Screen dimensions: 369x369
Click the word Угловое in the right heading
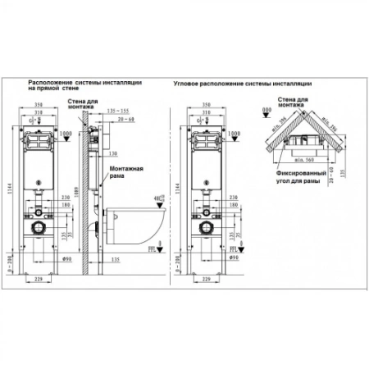pyautogui.click(x=189, y=83)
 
